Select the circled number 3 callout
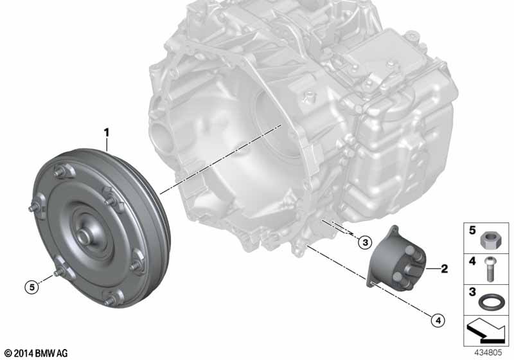pos(364,242)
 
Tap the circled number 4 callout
pos(438,318)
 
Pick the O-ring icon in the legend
pos(491,299)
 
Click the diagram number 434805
pos(490,352)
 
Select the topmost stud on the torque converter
pos(64,171)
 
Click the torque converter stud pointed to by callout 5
pos(57,274)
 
